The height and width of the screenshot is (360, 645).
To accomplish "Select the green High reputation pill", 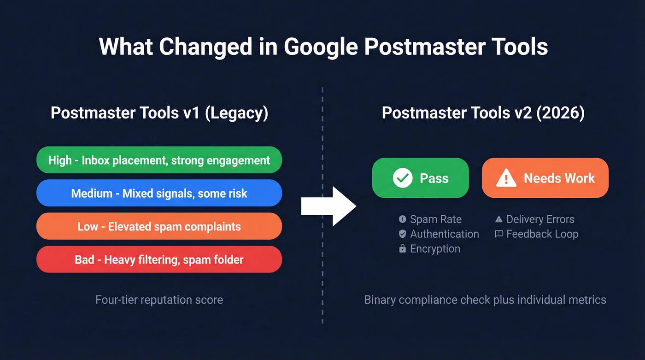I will [159, 160].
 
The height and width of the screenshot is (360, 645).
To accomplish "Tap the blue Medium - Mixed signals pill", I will [159, 193].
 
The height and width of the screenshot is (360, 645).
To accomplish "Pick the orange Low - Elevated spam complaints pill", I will [159, 226].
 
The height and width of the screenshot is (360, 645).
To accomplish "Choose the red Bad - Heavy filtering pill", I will [159, 260].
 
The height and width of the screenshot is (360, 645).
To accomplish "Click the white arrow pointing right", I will [328, 206].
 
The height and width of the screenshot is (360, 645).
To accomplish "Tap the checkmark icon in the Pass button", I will [402, 178].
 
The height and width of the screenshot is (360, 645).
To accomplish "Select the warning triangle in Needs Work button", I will [506, 178].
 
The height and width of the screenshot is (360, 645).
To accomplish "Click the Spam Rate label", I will [435, 219].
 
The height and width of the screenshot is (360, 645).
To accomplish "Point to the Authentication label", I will [444, 234].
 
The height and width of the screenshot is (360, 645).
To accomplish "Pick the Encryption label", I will [435, 248].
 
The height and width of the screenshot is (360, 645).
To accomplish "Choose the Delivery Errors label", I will [540, 219].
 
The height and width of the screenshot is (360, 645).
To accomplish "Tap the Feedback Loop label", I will [542, 234].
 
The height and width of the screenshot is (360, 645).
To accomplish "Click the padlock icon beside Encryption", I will [402, 248].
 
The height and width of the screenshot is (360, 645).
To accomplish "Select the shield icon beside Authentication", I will [402, 234].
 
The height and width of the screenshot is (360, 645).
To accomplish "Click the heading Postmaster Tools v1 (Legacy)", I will [159, 113].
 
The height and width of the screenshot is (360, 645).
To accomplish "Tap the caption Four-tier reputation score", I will [159, 300].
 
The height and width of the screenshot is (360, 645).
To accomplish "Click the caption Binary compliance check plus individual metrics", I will [485, 300].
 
